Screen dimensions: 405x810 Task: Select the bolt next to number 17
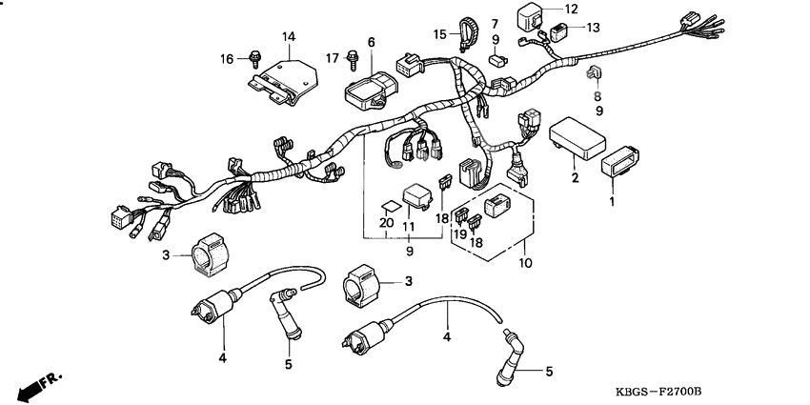(354, 58)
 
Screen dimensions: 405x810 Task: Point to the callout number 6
(372, 42)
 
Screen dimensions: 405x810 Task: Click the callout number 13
(592, 28)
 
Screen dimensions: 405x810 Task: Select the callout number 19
(458, 233)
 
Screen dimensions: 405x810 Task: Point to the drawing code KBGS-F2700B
(658, 393)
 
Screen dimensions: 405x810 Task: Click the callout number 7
(495, 23)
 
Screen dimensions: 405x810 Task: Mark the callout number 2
(575, 178)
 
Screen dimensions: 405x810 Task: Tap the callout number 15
(439, 34)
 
